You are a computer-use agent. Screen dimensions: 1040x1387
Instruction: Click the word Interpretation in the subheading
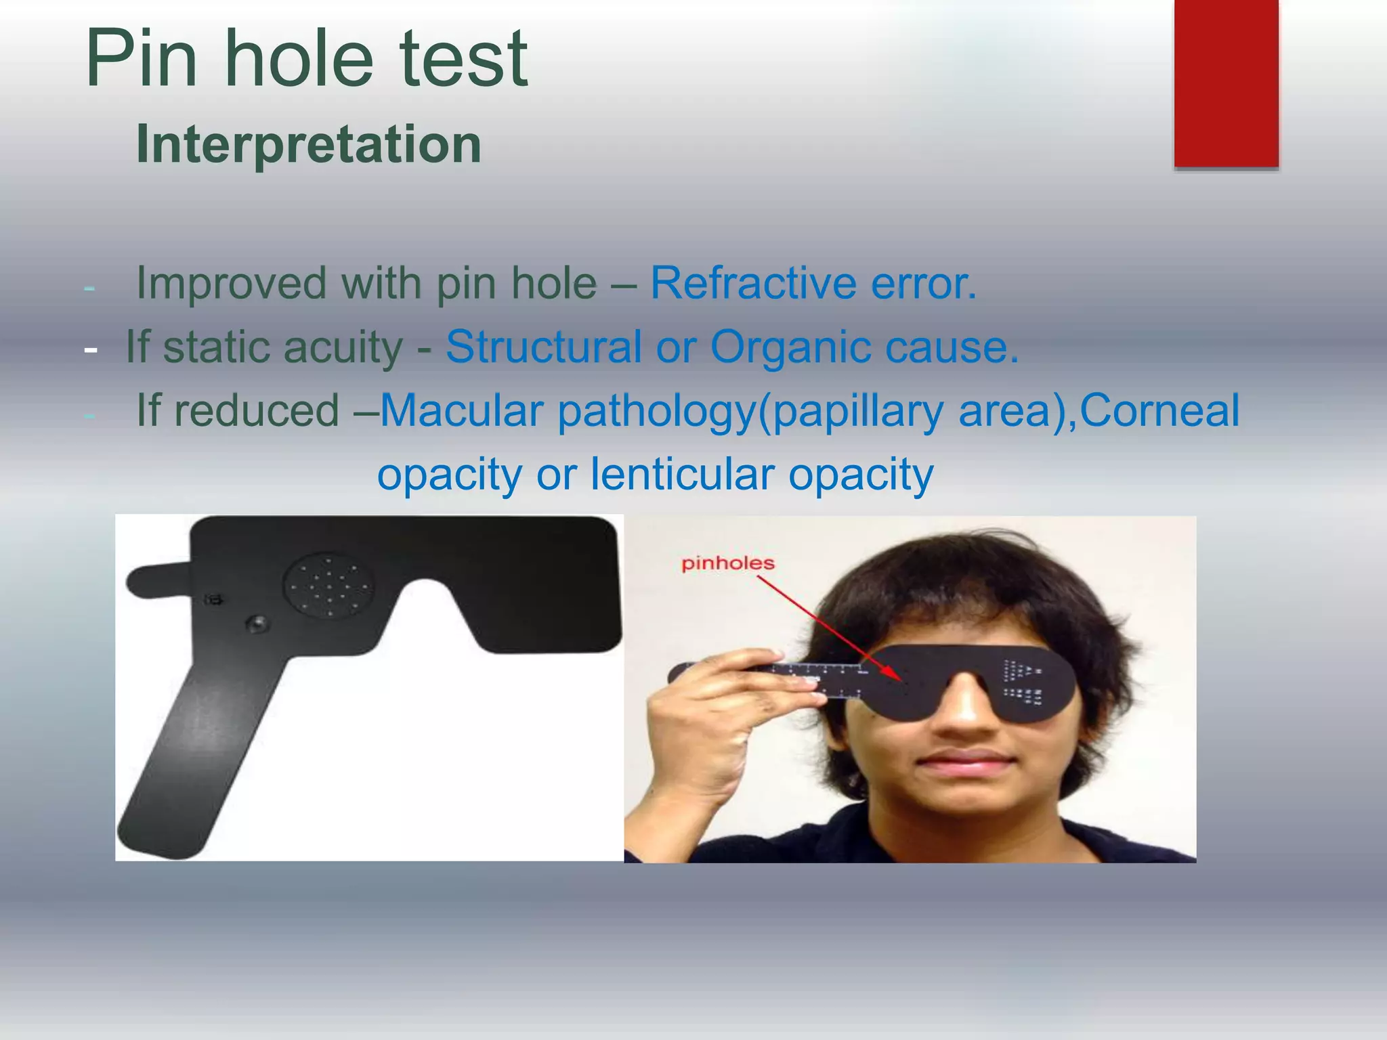click(308, 144)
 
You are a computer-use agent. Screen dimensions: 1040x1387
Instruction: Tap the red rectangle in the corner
click(1226, 83)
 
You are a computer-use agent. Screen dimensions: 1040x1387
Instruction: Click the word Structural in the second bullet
click(543, 347)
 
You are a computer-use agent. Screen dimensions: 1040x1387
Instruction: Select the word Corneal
click(1159, 410)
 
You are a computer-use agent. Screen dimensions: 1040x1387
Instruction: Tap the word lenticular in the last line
click(682, 474)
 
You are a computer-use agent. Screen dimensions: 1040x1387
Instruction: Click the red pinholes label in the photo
click(728, 563)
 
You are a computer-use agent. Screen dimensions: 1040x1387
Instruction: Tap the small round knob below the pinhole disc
click(257, 624)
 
